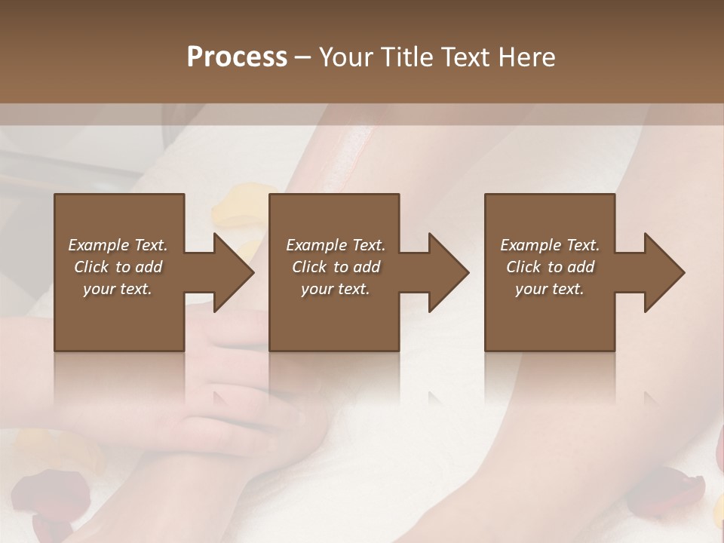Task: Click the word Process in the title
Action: (237, 57)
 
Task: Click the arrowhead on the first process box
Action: (233, 272)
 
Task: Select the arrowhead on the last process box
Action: (664, 272)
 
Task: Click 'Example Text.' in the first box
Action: (118, 245)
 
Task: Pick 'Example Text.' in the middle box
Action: (335, 245)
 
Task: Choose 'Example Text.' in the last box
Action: (550, 245)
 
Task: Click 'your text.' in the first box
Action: (118, 289)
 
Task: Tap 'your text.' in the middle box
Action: (335, 289)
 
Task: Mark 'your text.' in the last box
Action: (550, 289)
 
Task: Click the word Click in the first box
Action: (92, 267)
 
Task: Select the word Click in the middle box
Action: (310, 267)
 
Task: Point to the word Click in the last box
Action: (524, 267)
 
